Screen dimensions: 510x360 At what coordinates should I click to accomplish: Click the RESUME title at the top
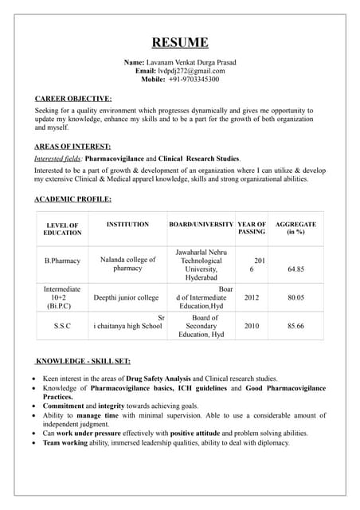[x=181, y=42]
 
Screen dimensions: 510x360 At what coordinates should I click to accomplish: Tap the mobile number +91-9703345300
[x=194, y=80]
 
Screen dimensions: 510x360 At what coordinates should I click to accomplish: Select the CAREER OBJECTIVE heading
[x=73, y=99]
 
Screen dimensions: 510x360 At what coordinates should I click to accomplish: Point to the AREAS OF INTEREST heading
[x=72, y=147]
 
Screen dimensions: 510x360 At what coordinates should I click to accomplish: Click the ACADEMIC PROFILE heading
[x=73, y=198]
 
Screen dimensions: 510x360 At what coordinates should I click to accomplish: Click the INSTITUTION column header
[x=127, y=225]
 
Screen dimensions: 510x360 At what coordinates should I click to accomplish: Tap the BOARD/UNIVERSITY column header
[x=201, y=225]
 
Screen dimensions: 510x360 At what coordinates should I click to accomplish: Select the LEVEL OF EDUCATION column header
[x=62, y=229]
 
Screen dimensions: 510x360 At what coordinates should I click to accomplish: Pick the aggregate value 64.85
[x=295, y=269]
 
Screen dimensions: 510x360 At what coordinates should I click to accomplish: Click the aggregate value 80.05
[x=295, y=297]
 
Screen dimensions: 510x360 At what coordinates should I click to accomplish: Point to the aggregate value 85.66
[x=295, y=326]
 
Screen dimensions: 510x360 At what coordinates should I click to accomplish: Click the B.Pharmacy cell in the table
[x=62, y=261]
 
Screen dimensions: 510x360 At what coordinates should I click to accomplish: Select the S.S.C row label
[x=62, y=326]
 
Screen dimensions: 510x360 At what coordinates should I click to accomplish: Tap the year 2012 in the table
[x=252, y=297]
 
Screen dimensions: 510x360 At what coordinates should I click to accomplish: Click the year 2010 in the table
[x=252, y=326]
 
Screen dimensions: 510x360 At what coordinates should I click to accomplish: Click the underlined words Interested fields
[x=63, y=159]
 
